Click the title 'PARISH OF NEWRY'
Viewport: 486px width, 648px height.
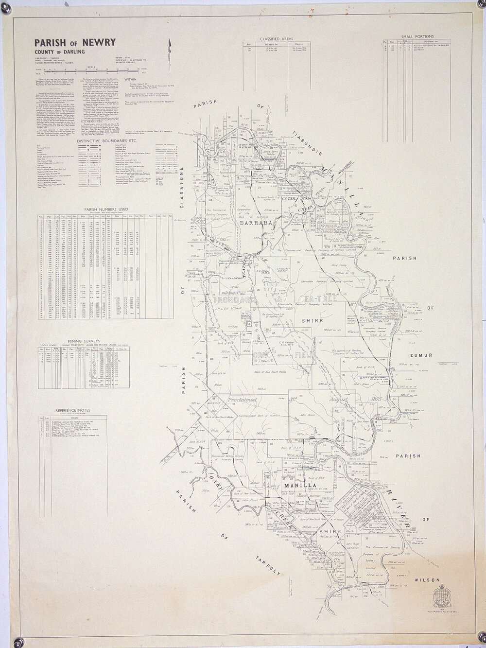pos(75,42)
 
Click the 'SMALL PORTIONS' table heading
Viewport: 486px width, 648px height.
pos(417,36)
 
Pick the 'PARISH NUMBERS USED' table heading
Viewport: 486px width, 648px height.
pos(106,210)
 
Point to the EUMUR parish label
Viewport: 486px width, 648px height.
pos(421,355)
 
